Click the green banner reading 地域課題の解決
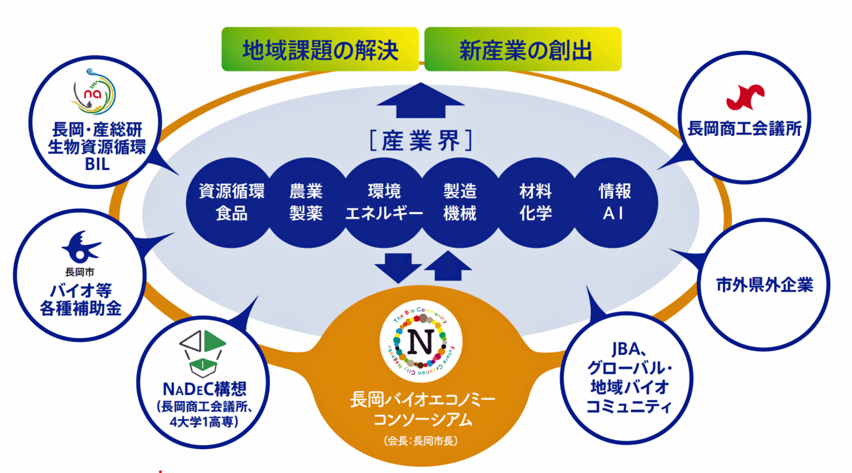[320, 49]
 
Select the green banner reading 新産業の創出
[523, 49]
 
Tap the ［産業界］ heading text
[421, 141]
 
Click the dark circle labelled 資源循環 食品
[231, 203]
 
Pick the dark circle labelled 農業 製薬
[306, 203]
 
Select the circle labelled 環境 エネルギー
[384, 203]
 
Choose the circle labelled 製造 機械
[460, 203]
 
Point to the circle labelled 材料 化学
[535, 203]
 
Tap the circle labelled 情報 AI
[614, 203]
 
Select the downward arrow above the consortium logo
[398, 267]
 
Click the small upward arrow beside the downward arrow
[448, 266]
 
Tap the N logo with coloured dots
[421, 341]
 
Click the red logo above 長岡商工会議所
[745, 97]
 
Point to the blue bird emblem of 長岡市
[80, 247]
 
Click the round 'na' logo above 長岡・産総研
[93, 92]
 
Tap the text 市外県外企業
[764, 285]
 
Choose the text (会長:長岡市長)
[421, 441]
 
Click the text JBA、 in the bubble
[629, 349]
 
